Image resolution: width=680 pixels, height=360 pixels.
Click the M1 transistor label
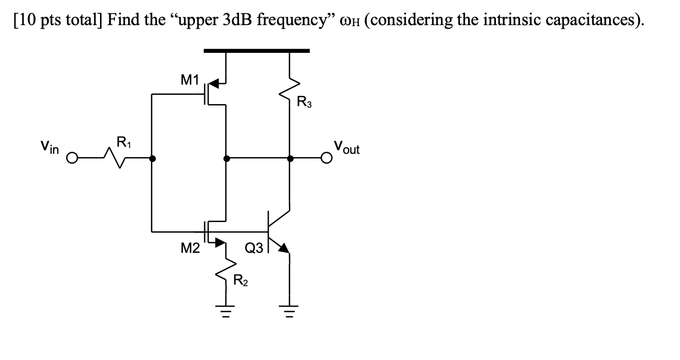pos(189,79)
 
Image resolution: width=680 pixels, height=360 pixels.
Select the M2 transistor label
pos(190,249)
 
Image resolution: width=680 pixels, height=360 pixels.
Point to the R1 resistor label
pos(123,142)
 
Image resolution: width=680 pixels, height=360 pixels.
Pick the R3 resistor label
pos(304,103)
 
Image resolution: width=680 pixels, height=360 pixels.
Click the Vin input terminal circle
pos(73,158)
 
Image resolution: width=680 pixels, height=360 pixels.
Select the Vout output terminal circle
pos(326,158)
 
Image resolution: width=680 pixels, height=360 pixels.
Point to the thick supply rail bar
pos(256,51)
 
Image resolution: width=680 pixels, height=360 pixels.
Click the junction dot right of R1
pos(152,158)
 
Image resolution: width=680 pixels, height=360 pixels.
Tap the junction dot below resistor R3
pos(290,158)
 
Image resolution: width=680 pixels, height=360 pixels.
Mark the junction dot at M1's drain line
pos(226,158)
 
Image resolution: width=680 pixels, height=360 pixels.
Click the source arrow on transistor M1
pos(214,82)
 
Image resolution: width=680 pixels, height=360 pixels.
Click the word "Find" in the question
pos(123,20)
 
